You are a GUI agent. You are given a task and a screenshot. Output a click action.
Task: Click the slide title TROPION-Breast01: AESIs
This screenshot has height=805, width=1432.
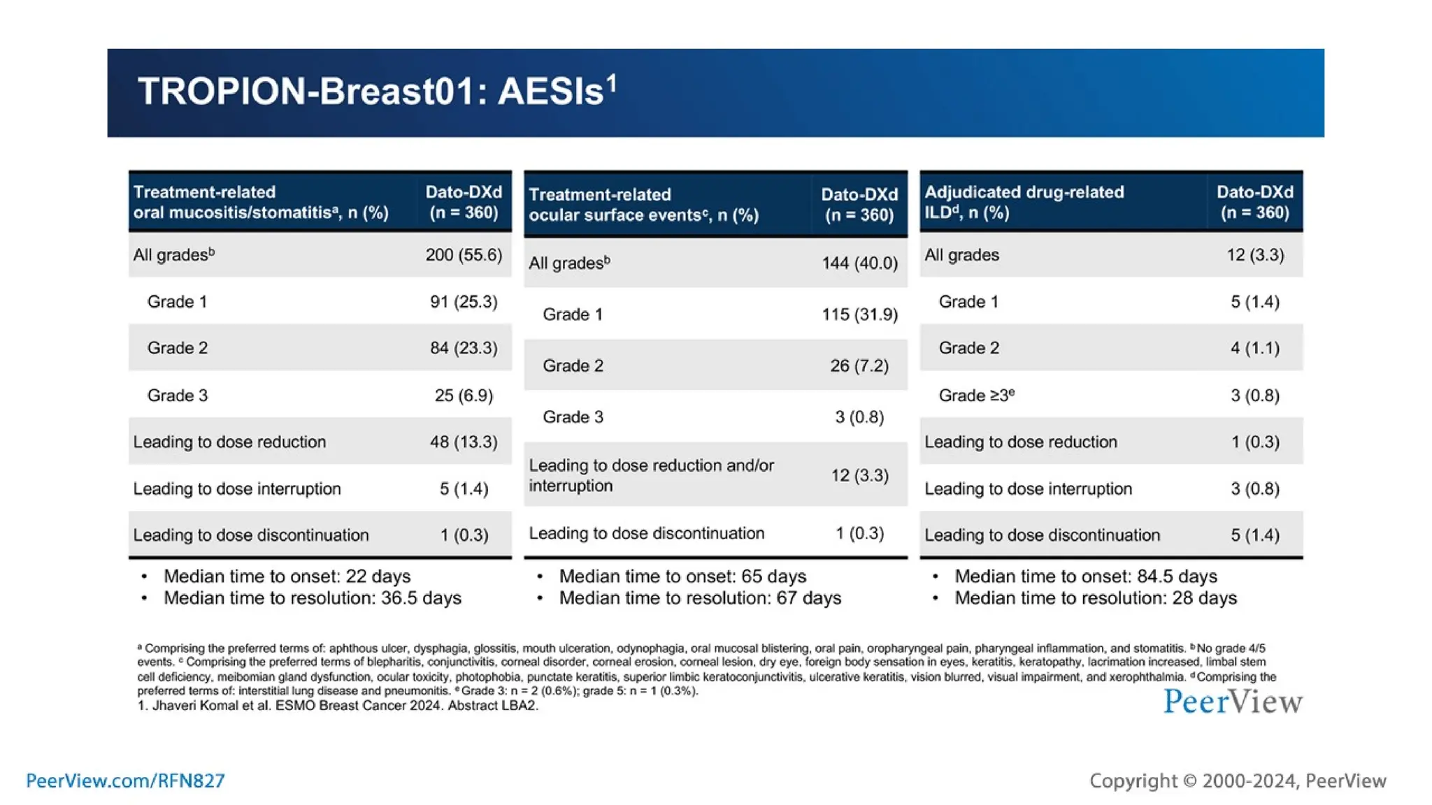(x=377, y=92)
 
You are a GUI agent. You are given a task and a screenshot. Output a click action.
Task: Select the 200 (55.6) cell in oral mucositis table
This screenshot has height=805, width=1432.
(x=464, y=255)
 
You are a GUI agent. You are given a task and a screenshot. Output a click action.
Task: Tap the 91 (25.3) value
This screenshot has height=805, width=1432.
(x=464, y=302)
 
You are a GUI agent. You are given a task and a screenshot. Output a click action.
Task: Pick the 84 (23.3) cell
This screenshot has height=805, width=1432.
(x=464, y=348)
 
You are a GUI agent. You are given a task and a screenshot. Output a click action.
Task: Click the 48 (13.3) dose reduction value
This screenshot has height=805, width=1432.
(x=464, y=442)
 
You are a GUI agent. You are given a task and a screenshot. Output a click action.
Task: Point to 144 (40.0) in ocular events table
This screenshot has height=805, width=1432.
(x=859, y=263)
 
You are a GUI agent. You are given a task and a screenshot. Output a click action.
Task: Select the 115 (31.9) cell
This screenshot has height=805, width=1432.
(x=859, y=314)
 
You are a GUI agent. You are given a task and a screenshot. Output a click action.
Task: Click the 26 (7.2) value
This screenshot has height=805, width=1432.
(x=859, y=365)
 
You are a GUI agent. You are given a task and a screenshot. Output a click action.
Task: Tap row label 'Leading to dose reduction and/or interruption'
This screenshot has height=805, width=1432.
(x=651, y=475)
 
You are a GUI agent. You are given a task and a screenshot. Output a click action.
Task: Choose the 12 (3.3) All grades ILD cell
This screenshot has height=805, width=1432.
(x=1255, y=255)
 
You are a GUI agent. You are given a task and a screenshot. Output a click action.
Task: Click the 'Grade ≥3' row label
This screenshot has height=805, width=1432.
(x=976, y=396)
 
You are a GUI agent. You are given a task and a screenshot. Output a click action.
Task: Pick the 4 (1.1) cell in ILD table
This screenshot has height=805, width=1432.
(x=1255, y=348)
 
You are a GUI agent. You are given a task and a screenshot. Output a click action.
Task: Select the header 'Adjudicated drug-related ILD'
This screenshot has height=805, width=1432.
(x=1024, y=202)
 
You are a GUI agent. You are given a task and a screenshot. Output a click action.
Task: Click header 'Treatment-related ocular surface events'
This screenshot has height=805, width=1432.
(x=643, y=205)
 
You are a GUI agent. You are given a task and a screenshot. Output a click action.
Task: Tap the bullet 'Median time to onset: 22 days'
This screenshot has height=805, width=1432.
(x=287, y=576)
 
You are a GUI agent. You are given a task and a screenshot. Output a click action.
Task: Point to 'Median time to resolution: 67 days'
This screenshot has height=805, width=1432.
(x=700, y=598)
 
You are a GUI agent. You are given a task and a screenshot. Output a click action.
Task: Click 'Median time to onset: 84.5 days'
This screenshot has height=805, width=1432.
(x=1086, y=576)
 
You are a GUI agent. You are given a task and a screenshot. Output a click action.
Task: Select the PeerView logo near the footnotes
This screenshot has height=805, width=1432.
(x=1233, y=702)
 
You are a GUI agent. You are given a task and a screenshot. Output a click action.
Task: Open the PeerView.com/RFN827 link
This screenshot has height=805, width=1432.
(x=125, y=781)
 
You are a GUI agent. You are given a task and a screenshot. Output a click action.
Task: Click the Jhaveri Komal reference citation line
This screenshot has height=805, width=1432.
(x=338, y=706)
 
